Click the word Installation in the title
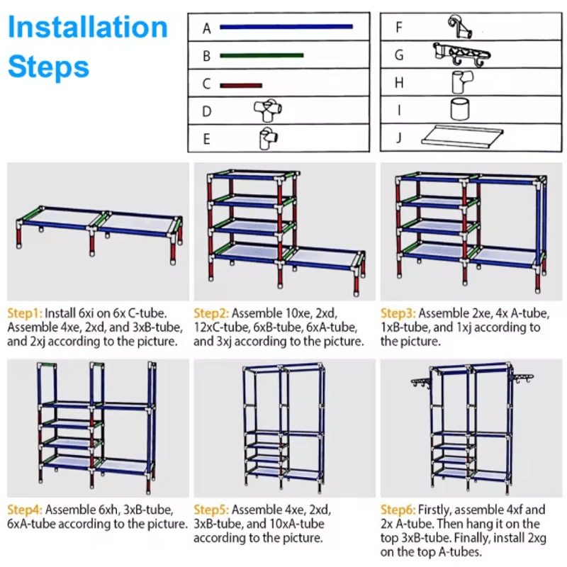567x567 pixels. click(88, 28)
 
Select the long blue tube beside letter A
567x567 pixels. click(286, 28)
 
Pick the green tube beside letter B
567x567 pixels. click(262, 55)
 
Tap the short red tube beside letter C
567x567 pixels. click(241, 85)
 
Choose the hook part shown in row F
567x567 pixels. click(459, 27)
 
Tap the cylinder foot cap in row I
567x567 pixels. click(459, 110)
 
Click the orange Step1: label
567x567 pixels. click(25, 313)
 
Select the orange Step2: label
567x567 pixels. click(211, 313)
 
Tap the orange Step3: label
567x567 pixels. click(398, 313)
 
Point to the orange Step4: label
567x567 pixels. click(25, 510)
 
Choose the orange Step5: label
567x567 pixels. click(211, 510)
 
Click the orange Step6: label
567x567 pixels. click(398, 510)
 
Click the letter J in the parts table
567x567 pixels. click(399, 137)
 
